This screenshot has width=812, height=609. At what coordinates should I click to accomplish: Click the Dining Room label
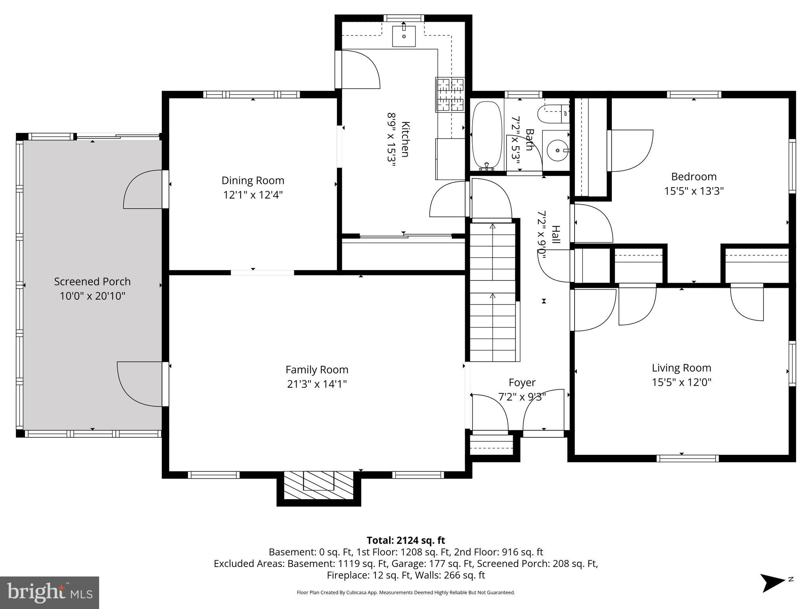point(253,180)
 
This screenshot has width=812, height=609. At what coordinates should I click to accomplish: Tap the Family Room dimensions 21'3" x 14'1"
point(317,384)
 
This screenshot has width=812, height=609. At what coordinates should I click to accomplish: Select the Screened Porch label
point(92,282)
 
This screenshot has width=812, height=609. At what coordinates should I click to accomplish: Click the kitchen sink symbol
point(404,36)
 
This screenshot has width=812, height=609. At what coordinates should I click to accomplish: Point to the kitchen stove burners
point(450,95)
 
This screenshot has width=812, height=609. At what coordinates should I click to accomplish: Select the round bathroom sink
point(557,150)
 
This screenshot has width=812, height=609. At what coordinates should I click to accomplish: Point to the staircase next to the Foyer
point(493,292)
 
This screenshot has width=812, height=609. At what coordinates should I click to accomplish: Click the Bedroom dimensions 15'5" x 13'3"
point(694,191)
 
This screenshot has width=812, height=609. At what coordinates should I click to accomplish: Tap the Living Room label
point(681,368)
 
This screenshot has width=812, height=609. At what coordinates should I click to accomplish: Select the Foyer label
point(522,383)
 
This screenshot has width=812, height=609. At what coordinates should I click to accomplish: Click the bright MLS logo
point(49,592)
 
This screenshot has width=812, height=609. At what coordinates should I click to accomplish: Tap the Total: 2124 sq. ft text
point(406,540)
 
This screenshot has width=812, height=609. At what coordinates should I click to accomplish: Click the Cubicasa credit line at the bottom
point(406,593)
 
